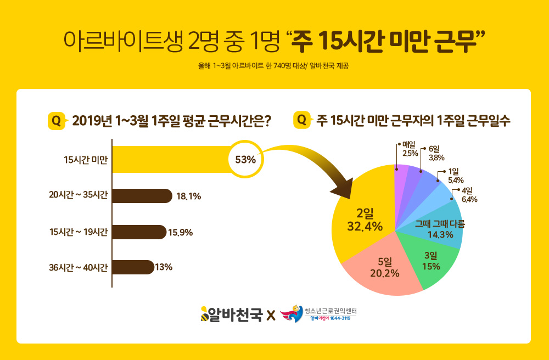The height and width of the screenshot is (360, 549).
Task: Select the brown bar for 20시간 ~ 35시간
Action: point(142,196)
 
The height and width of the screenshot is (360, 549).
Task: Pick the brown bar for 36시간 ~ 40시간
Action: point(133,267)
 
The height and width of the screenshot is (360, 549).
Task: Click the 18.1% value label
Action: point(188,196)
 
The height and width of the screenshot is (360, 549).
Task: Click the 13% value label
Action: point(164,268)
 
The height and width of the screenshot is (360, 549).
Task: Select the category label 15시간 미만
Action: point(86,160)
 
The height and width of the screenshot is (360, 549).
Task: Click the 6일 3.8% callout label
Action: point(436,153)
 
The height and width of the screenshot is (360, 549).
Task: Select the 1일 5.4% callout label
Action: point(456,176)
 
